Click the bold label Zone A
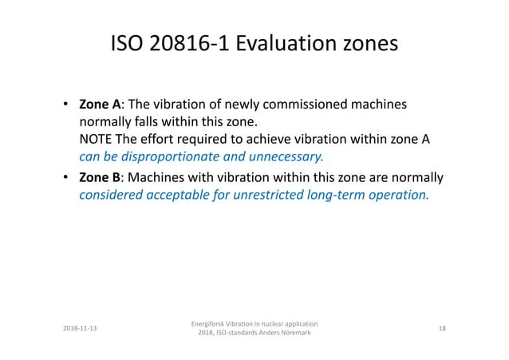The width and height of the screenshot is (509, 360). tap(100, 105)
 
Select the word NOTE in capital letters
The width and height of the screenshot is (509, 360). tap(95, 140)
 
